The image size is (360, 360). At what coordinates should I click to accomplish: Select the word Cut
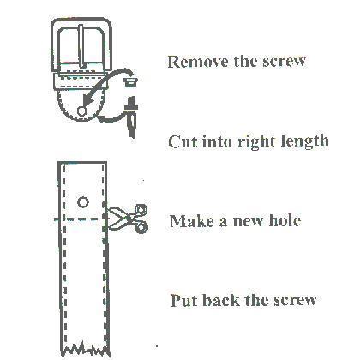(x=183, y=141)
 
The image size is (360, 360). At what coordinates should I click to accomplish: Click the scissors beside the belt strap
(x=127, y=219)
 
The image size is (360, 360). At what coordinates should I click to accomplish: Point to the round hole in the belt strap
(x=83, y=202)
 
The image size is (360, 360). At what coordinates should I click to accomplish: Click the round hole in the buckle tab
(x=81, y=111)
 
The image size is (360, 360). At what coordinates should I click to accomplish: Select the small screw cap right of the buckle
(x=130, y=81)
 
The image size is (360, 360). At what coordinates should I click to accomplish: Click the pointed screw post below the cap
(x=131, y=117)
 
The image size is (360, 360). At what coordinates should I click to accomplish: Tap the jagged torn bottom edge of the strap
(x=85, y=349)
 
